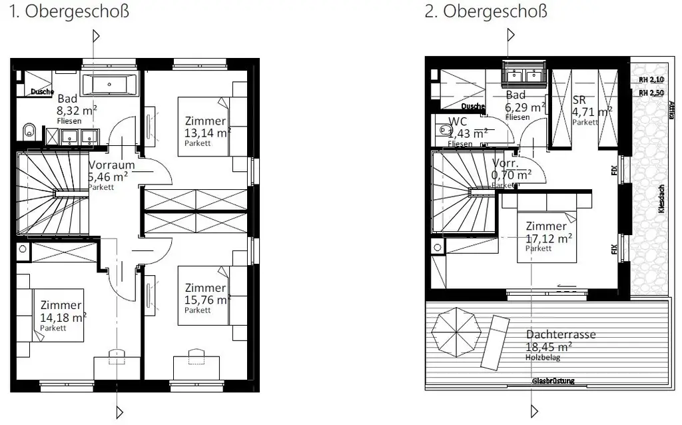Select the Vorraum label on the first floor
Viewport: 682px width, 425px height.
pyautogui.click(x=111, y=165)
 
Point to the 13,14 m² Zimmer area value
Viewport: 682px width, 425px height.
pyautogui.click(x=208, y=132)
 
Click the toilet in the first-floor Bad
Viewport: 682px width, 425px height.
pyautogui.click(x=27, y=131)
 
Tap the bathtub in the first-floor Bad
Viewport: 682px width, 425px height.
pyautogui.click(x=110, y=85)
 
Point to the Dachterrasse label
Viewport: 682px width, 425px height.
pyautogui.click(x=560, y=335)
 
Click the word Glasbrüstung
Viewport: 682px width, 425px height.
pyautogui.click(x=553, y=381)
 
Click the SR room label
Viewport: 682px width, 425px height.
pyautogui.click(x=579, y=101)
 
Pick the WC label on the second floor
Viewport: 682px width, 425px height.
pyautogui.click(x=458, y=122)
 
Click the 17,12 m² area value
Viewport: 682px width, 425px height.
pyautogui.click(x=549, y=238)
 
